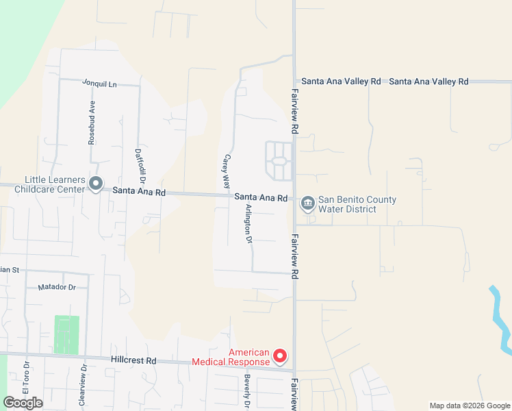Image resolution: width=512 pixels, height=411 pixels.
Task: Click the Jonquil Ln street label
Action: click(x=100, y=84)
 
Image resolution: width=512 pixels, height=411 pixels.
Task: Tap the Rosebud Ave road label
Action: click(x=91, y=124)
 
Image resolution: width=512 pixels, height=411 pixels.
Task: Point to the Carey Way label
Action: click(x=225, y=171)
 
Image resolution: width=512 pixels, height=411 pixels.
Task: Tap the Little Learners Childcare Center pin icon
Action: click(x=96, y=184)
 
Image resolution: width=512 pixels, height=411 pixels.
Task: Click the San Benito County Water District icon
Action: click(x=307, y=202)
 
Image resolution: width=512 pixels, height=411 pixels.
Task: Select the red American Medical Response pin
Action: click(x=279, y=356)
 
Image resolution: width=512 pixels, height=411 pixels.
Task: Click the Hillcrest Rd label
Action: click(x=133, y=360)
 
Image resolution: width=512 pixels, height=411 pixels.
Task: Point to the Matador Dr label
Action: click(x=57, y=288)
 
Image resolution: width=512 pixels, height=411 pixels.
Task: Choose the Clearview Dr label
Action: click(x=84, y=386)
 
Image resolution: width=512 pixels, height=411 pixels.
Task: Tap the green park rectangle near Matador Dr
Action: click(x=66, y=334)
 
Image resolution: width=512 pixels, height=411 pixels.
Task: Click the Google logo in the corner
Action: click(x=23, y=403)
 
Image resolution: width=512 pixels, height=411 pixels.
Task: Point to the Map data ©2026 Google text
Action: click(x=469, y=406)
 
